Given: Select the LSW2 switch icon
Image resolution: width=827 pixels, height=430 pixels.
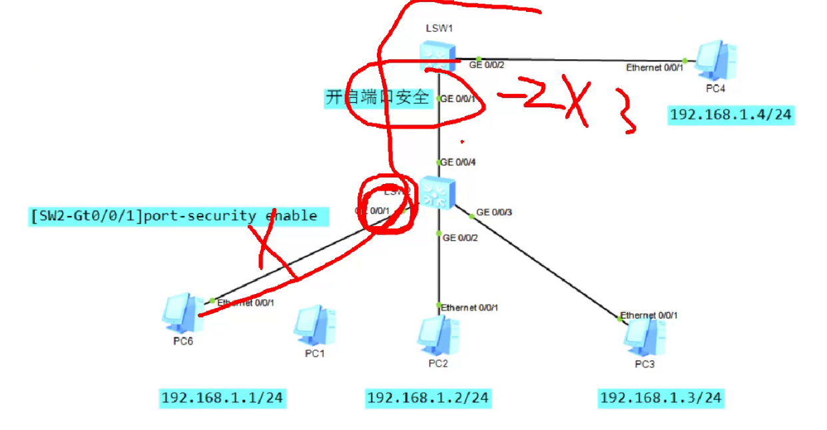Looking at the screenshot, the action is pyautogui.click(x=437, y=192).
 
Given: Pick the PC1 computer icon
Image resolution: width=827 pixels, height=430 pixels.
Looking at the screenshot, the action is pyautogui.click(x=315, y=325).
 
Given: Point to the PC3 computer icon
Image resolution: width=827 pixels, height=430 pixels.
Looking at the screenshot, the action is pyautogui.click(x=644, y=337).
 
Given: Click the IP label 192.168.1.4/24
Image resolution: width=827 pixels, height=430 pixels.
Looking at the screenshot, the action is pyautogui.click(x=730, y=115).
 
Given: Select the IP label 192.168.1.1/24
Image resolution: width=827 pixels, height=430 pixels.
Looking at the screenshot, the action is pyautogui.click(x=222, y=399).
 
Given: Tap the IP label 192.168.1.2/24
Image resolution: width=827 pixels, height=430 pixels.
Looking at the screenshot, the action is pyautogui.click(x=428, y=399).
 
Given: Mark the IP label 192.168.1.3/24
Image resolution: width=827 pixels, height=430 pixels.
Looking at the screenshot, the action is pyautogui.click(x=661, y=399).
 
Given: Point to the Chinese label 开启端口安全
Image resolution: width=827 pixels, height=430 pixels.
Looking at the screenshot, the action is pyautogui.click(x=378, y=98).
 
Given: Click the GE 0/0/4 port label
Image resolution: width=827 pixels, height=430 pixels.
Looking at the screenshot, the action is pyautogui.click(x=457, y=162).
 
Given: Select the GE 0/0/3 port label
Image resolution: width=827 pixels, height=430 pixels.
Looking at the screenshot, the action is pyautogui.click(x=493, y=213).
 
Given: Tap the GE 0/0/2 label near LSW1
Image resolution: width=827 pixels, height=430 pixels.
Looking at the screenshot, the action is pyautogui.click(x=487, y=65).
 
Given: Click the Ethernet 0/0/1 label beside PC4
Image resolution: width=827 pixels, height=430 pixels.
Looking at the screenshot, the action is pyautogui.click(x=655, y=67).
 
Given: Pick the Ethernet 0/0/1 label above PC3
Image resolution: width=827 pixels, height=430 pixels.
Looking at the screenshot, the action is pyautogui.click(x=649, y=315).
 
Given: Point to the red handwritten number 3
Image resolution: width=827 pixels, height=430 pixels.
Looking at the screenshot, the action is pyautogui.click(x=627, y=114).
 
